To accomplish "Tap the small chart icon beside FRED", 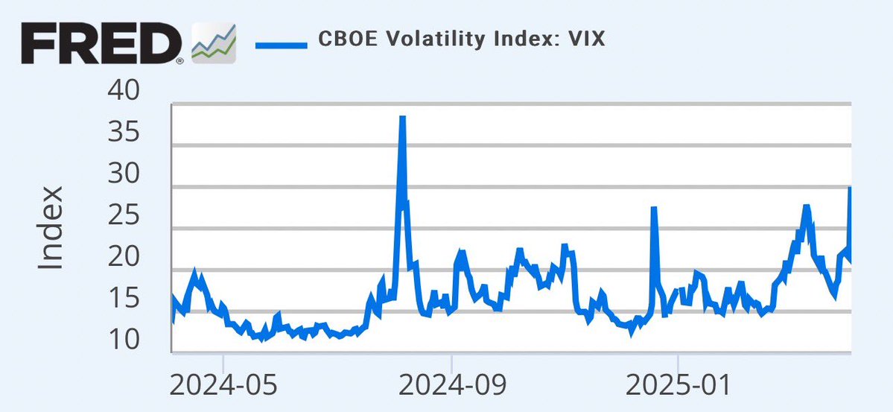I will [214, 43].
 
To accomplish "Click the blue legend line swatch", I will [281, 44].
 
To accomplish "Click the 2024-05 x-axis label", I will [223, 386].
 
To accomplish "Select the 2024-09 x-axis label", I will [452, 386].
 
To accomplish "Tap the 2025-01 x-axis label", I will [679, 386].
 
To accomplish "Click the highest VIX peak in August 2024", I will [402, 118].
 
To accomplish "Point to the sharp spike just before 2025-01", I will [654, 209].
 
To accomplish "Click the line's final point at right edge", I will [850, 188].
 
